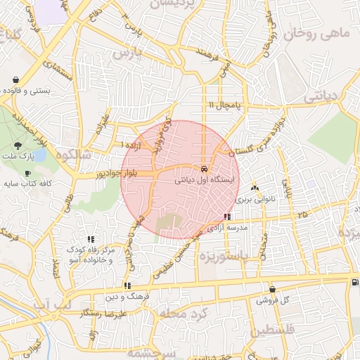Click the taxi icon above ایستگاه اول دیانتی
click(x=203, y=169)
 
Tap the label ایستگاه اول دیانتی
click(x=206, y=180)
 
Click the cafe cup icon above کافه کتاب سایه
click(x=27, y=173)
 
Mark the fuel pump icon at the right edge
click(x=353, y=282)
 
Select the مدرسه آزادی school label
click(x=227, y=229)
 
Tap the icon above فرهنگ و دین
click(x=127, y=285)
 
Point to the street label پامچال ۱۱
click(x=224, y=105)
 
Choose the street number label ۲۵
click(x=302, y=214)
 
